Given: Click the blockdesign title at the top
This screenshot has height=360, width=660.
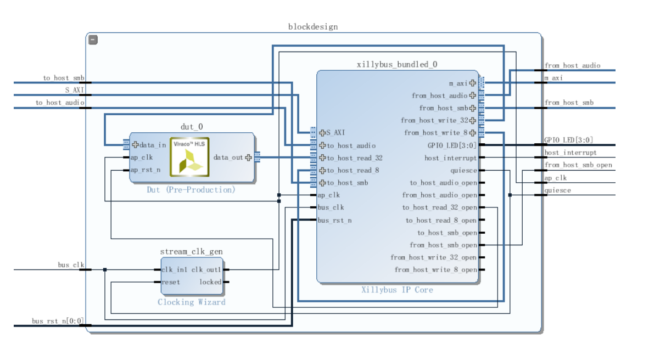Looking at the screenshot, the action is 313,27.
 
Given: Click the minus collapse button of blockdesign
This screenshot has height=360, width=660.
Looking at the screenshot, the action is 93,40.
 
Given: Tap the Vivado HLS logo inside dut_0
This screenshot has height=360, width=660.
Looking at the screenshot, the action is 190,157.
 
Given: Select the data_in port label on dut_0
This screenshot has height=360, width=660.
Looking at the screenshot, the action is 153,145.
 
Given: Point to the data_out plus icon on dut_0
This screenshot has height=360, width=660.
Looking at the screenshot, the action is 249,157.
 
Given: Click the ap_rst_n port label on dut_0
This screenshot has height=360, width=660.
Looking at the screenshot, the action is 146,170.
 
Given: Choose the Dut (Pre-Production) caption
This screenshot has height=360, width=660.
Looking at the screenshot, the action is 191,190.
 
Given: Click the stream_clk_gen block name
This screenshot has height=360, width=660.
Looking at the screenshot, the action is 192,251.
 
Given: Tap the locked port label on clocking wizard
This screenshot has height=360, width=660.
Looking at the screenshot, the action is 210,282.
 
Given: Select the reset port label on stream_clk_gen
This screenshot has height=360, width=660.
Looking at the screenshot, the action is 171,282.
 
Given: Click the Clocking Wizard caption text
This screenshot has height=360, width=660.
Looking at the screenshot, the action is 192,302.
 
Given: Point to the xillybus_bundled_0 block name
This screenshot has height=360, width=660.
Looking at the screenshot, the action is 397,65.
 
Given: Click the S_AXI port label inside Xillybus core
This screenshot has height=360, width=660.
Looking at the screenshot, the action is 335,133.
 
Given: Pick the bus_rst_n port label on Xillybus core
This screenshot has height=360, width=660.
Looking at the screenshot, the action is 335,221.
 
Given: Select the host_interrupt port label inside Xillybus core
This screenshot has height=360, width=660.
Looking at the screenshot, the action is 450,158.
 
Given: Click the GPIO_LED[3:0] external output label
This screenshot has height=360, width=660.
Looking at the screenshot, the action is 569,140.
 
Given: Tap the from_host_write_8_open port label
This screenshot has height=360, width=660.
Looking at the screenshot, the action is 436,270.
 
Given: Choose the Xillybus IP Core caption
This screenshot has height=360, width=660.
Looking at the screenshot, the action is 397,290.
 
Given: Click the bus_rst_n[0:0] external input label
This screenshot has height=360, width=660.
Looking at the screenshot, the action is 58,321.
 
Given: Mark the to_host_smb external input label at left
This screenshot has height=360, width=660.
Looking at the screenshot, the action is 64,78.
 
